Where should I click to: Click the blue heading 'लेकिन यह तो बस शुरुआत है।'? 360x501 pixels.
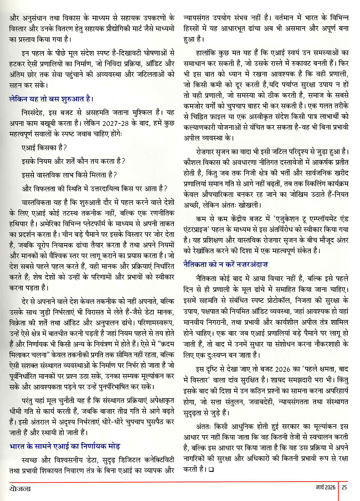pos(51,99)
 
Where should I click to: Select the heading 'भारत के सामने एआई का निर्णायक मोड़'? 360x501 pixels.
pos(65,446)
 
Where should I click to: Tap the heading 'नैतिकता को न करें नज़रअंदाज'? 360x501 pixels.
pos(225,264)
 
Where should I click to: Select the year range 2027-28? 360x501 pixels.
pos(116,123)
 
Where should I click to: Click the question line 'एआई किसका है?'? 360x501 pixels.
pos(44,147)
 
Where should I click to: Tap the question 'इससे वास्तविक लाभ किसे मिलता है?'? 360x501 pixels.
pos(69,175)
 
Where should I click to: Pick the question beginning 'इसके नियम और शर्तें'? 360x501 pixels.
pos(73,161)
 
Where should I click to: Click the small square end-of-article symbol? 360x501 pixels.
pos(211,469)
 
